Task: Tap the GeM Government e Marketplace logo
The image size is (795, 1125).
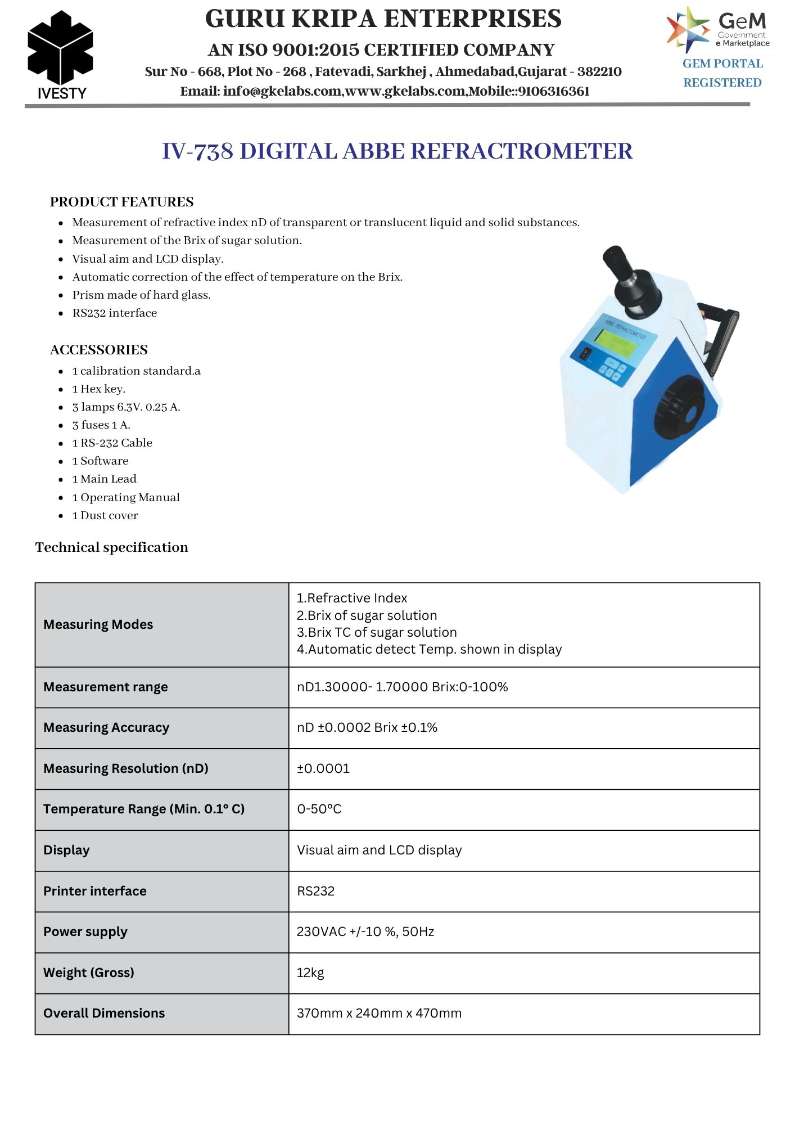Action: (x=718, y=29)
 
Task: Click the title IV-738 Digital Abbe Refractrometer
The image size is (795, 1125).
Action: (x=397, y=151)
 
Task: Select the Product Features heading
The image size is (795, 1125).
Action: (x=121, y=202)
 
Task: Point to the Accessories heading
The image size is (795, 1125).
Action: (x=98, y=350)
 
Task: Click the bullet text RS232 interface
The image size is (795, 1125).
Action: (x=115, y=313)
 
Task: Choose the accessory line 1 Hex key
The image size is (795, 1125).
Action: (x=99, y=389)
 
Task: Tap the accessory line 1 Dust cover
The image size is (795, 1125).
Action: (x=105, y=516)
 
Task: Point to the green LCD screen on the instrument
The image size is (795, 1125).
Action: (x=616, y=342)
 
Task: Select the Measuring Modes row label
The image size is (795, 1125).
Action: (x=98, y=624)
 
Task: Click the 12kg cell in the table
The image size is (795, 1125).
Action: (x=310, y=973)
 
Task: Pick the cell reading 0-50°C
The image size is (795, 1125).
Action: (x=319, y=809)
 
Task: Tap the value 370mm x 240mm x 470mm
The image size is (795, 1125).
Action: (x=379, y=1013)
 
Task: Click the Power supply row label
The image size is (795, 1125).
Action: (x=85, y=931)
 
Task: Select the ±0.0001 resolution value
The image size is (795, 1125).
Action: (x=323, y=768)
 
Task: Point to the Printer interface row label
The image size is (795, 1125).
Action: (x=95, y=891)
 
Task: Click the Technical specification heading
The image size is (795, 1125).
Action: (x=112, y=547)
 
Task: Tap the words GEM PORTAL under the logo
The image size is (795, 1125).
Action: (x=722, y=64)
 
